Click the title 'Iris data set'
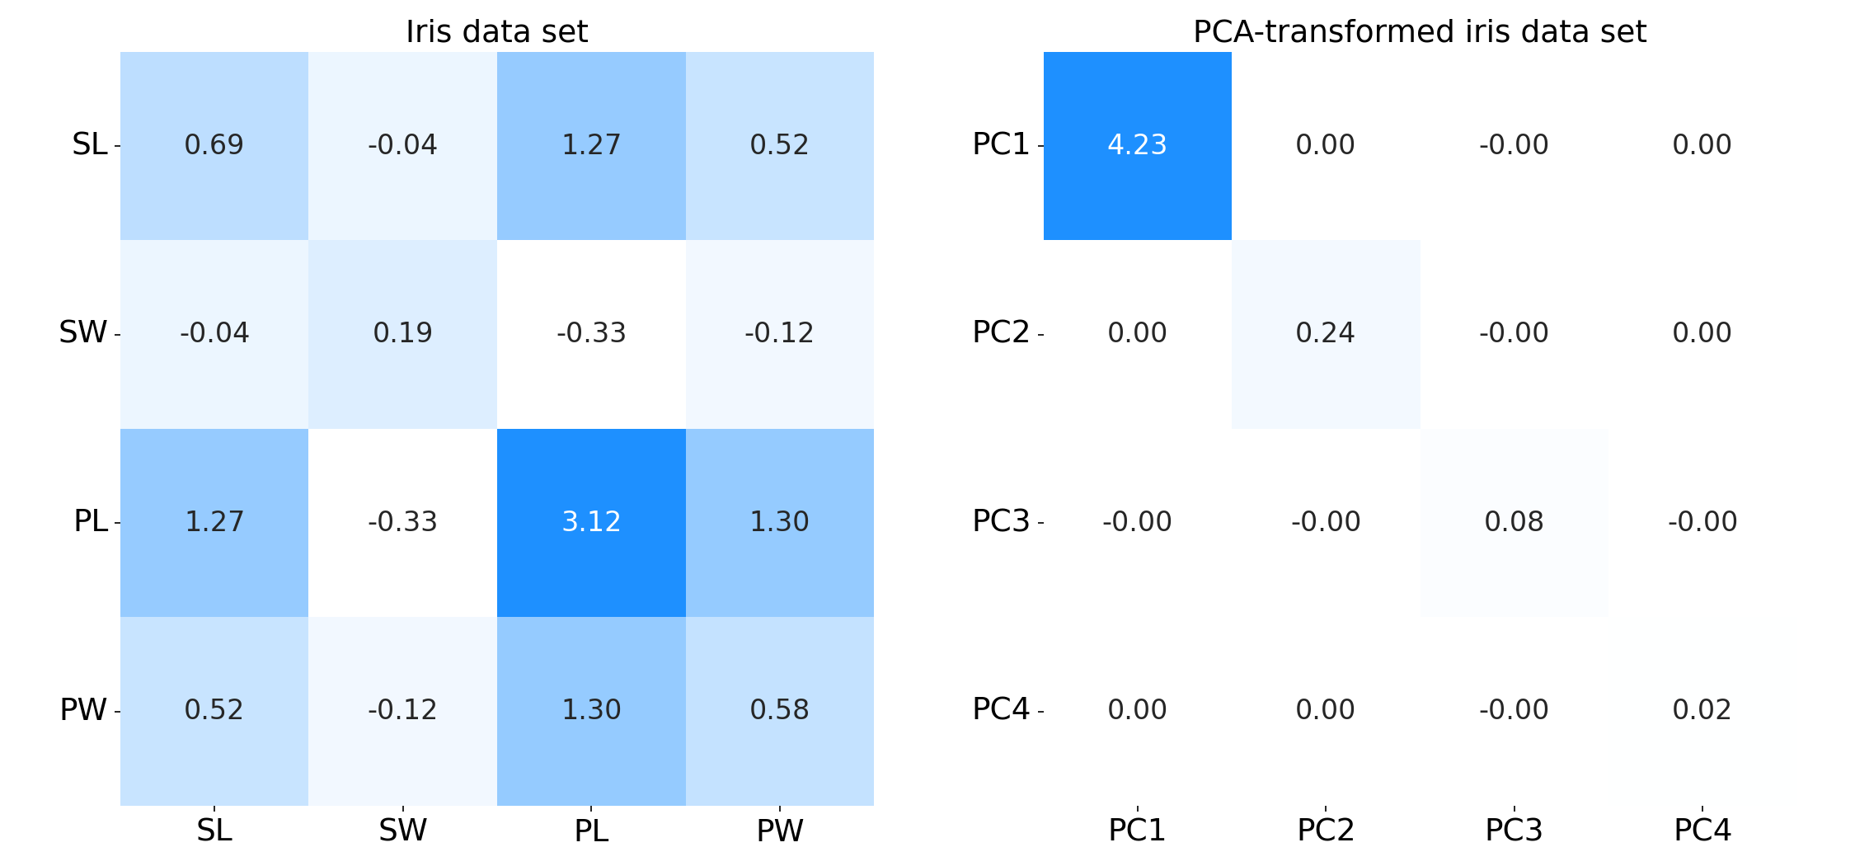pyautogui.click(x=496, y=31)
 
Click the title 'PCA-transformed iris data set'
pyautogui.click(x=1419, y=31)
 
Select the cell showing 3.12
pyautogui.click(x=591, y=522)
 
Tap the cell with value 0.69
pyautogui.click(x=214, y=145)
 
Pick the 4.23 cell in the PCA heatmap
pyautogui.click(x=1137, y=145)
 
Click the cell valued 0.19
pyautogui.click(x=402, y=333)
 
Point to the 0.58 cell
pyautogui.click(x=779, y=710)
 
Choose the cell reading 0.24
pyautogui.click(x=1325, y=333)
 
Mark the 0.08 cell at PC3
pyautogui.click(x=1514, y=522)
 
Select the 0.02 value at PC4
pyautogui.click(x=1702, y=710)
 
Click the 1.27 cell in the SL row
pyautogui.click(x=591, y=145)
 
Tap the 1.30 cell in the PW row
pyautogui.click(x=591, y=710)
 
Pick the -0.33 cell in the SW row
pyautogui.click(x=591, y=333)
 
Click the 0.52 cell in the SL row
pyautogui.click(x=779, y=145)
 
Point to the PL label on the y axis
pyautogui.click(x=91, y=521)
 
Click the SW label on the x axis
pyautogui.click(x=402, y=831)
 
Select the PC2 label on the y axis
pyautogui.click(x=1001, y=332)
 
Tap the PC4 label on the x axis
pyautogui.click(x=1702, y=831)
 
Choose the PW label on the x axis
pyautogui.click(x=779, y=831)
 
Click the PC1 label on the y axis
pyautogui.click(x=1001, y=144)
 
